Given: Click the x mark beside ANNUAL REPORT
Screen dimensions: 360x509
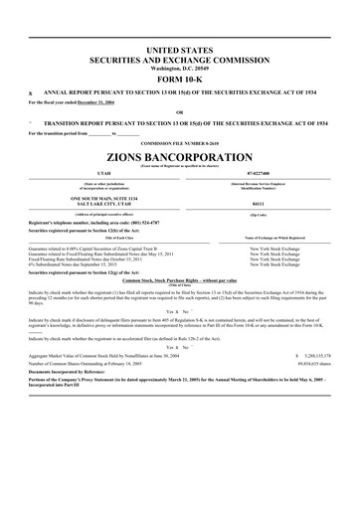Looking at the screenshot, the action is tap(31, 92).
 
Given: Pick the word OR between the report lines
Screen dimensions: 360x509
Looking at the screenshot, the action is tap(179, 112).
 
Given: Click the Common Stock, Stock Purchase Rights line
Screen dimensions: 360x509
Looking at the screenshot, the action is tap(179, 282).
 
